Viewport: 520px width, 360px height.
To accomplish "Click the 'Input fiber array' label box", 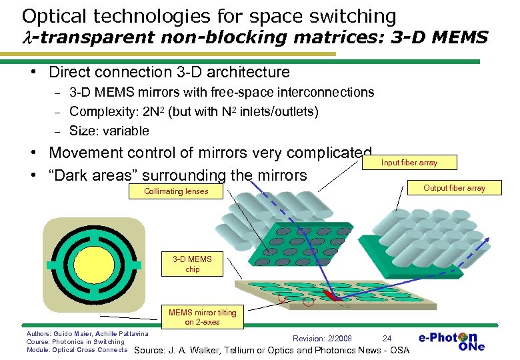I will point(409,162).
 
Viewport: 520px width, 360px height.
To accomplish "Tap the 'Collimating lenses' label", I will point(176,191).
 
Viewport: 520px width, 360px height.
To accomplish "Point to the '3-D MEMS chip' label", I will point(192,265).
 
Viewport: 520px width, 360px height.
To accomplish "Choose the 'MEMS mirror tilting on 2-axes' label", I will point(202,317).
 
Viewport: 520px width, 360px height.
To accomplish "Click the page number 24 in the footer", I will point(387,339).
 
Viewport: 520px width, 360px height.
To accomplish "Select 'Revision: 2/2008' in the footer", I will point(323,339).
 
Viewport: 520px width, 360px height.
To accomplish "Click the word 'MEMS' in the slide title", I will point(455,37).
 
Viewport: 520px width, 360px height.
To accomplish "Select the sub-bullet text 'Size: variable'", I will point(109,131).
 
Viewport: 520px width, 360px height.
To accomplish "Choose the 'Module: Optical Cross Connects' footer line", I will point(76,349).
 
